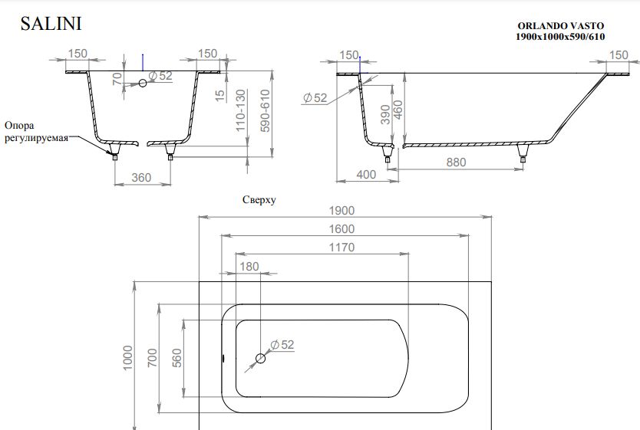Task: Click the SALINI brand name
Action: click(x=51, y=24)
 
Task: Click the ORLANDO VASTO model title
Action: click(x=560, y=26)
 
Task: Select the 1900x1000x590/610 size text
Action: click(x=560, y=37)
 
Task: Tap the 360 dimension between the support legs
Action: click(x=141, y=178)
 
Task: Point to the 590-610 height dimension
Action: click(x=266, y=111)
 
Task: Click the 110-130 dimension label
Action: click(x=241, y=110)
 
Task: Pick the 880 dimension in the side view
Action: click(x=456, y=162)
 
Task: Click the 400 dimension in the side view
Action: click(x=366, y=175)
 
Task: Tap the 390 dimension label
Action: click(x=385, y=115)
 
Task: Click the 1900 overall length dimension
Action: click(x=341, y=211)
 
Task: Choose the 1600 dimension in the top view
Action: click(x=341, y=229)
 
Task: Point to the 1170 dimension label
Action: click(x=341, y=248)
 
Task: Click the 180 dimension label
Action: click(x=249, y=267)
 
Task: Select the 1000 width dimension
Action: click(x=127, y=358)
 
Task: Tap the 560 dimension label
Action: click(x=176, y=358)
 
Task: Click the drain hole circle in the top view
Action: click(x=260, y=359)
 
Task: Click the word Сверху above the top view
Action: click(x=259, y=200)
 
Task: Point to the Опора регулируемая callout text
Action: click(x=36, y=131)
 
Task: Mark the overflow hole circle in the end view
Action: click(x=143, y=83)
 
